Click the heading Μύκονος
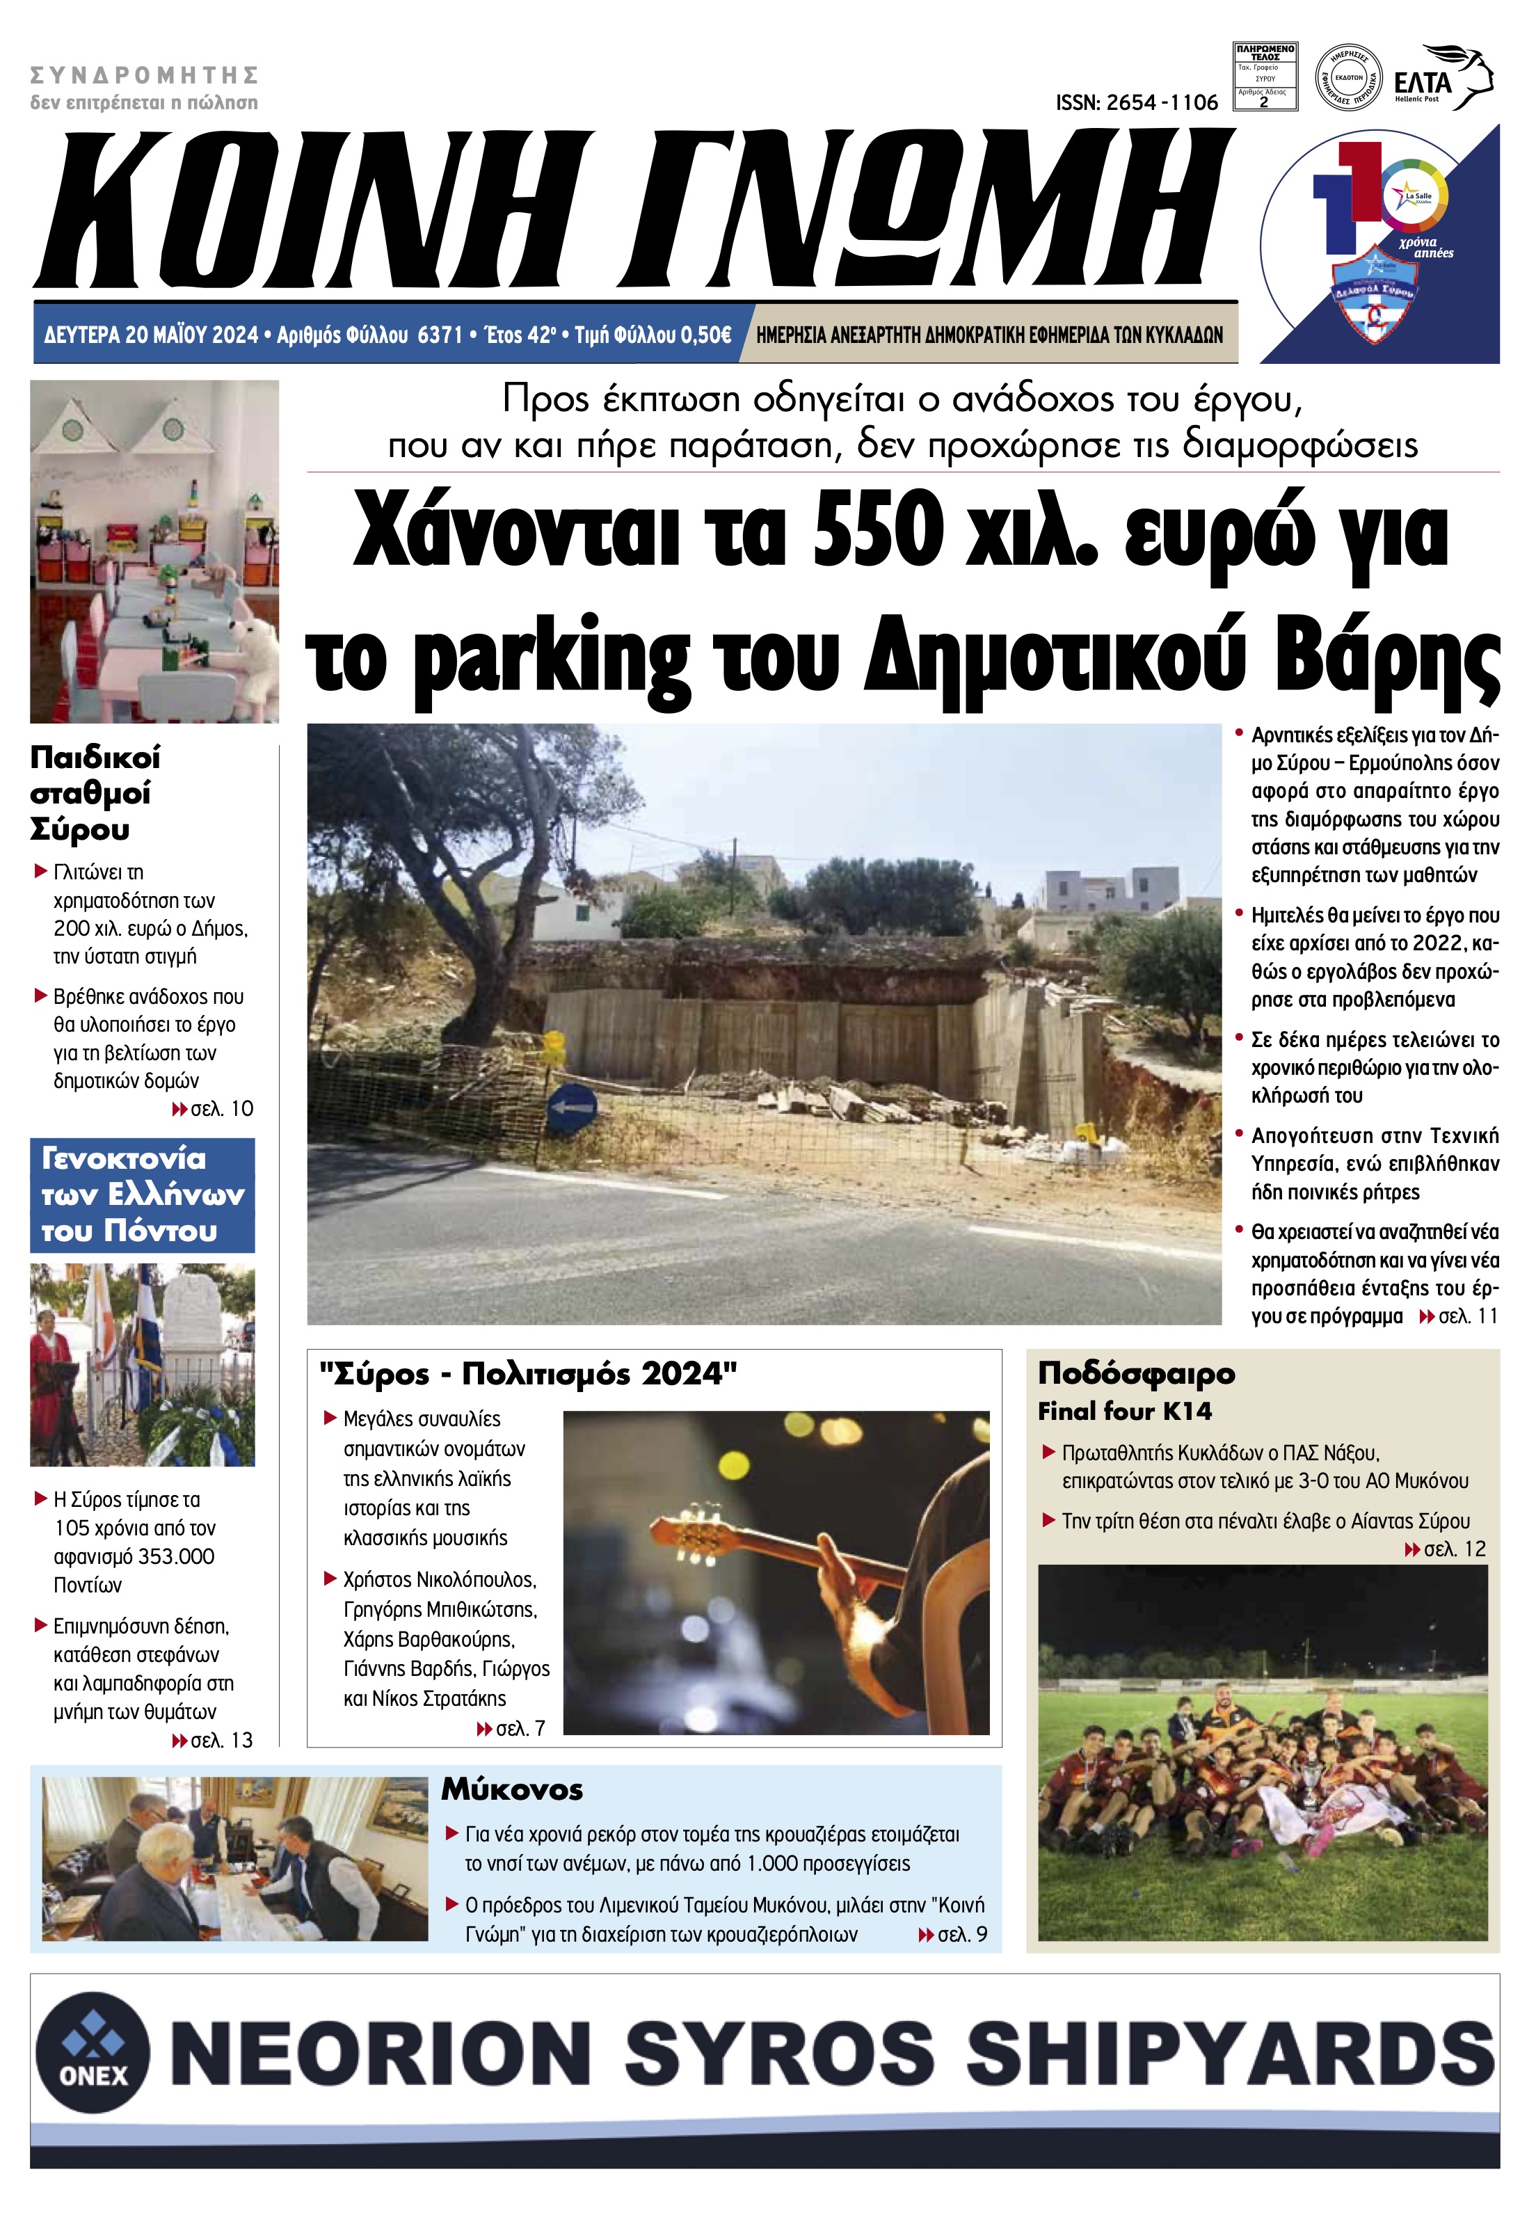(x=512, y=1790)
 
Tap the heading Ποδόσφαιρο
(x=1135, y=1373)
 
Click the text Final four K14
(x=1124, y=1412)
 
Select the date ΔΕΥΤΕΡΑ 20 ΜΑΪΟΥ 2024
(x=151, y=335)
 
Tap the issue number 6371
(x=441, y=335)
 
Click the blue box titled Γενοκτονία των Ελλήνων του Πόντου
(x=143, y=1195)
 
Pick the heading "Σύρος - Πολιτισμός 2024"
(x=527, y=1373)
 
